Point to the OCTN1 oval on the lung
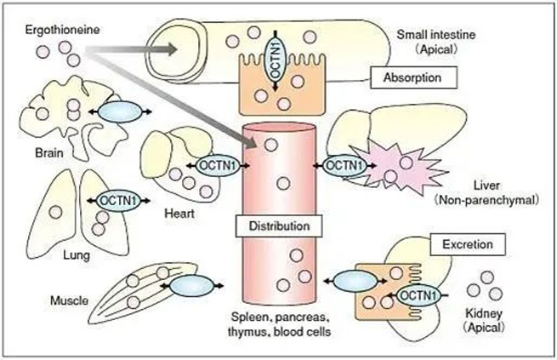[113, 201]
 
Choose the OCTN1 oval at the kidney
[416, 294]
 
